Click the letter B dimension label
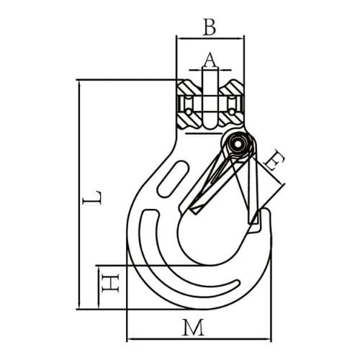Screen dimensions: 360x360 pos(209,27)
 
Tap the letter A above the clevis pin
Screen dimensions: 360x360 pos(209,58)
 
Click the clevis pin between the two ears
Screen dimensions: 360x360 pos(209,101)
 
